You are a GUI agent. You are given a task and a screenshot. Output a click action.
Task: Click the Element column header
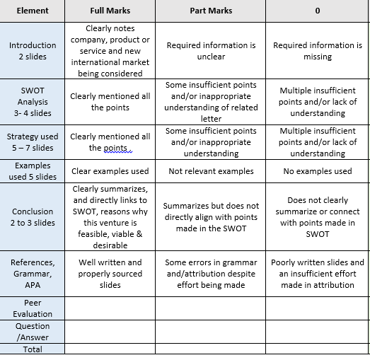(x=32, y=11)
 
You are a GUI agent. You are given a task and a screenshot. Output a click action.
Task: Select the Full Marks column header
(x=110, y=11)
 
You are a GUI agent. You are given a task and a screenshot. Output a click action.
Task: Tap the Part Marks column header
(x=211, y=11)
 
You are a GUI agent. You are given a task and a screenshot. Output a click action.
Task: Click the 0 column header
(x=317, y=11)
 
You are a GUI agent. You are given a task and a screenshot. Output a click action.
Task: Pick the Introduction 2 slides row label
(x=33, y=51)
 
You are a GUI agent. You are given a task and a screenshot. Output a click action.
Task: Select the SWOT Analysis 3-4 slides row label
(x=33, y=102)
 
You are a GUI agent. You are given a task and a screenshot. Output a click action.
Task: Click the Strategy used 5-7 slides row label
(x=33, y=142)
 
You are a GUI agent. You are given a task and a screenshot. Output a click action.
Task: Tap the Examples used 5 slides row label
(x=33, y=171)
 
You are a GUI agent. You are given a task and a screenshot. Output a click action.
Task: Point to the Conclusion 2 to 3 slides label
(x=33, y=217)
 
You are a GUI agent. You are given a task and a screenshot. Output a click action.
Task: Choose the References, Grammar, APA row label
(x=33, y=274)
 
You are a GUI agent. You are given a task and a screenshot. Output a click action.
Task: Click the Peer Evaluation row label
(x=33, y=308)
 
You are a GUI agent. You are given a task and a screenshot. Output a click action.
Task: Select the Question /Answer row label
(x=33, y=332)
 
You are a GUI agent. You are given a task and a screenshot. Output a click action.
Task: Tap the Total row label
(x=33, y=349)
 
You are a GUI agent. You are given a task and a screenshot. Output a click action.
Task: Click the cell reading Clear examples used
(x=110, y=171)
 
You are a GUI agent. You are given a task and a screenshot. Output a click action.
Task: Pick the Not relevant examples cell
(x=211, y=171)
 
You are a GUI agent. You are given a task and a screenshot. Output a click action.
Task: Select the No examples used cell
(x=317, y=171)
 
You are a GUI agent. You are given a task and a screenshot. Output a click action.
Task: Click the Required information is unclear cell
(x=211, y=51)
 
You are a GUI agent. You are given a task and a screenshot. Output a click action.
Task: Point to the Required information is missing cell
(x=317, y=51)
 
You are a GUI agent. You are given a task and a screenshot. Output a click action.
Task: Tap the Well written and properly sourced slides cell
(x=110, y=274)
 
